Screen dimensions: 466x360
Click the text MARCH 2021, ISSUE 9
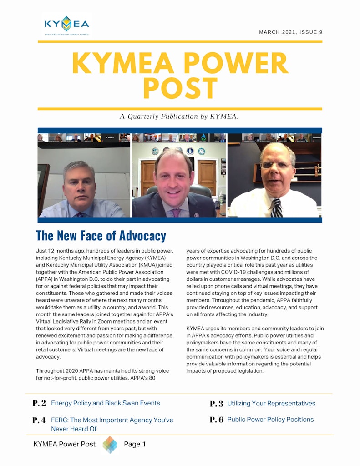290,32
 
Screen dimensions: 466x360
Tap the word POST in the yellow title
180,89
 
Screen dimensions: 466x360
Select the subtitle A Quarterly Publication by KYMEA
179,116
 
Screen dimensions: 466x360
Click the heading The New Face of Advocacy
101,236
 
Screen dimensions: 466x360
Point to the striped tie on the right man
276,208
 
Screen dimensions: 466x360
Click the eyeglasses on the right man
276,165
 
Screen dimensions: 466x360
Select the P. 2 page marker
40,403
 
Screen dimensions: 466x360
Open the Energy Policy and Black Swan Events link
106,403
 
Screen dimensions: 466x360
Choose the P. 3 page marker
217,404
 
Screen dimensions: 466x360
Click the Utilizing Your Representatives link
271,404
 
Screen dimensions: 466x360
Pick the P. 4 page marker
40,420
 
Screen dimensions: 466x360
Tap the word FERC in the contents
59,420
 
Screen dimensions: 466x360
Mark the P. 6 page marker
217,420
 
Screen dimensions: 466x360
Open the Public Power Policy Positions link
270,420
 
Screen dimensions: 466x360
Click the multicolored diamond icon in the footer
110,445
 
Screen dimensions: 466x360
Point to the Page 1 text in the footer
135,445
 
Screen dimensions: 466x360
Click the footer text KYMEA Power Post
65,445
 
